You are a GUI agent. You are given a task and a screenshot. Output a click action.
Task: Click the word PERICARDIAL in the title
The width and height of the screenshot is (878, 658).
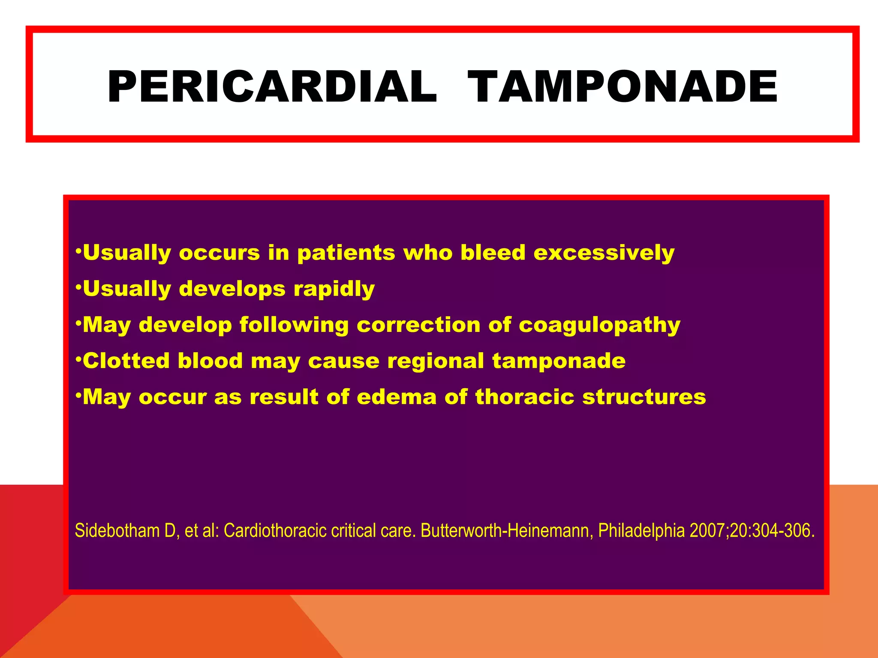(x=272, y=87)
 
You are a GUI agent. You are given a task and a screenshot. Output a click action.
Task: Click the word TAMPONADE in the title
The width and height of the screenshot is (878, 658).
(x=622, y=87)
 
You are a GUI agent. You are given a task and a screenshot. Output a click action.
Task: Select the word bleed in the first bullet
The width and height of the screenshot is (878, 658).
(x=493, y=252)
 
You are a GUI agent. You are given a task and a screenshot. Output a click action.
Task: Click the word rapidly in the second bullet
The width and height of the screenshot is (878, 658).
(x=334, y=289)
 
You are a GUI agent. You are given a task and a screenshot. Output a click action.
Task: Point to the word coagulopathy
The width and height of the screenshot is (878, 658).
(x=599, y=325)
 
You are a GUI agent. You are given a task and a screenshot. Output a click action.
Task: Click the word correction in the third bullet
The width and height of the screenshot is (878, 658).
(x=418, y=324)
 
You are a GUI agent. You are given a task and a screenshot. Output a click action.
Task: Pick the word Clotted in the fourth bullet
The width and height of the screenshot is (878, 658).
(x=126, y=360)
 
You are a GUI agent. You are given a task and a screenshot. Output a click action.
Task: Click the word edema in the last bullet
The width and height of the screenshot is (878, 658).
(x=397, y=397)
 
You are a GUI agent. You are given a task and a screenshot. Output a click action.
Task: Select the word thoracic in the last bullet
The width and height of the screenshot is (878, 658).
(x=524, y=397)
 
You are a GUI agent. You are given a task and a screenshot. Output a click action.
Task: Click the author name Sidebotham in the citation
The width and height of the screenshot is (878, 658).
(x=117, y=530)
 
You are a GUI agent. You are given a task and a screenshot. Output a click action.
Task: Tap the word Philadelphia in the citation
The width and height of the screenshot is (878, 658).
(x=641, y=530)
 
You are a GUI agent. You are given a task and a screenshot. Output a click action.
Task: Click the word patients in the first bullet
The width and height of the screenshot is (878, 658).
(x=346, y=253)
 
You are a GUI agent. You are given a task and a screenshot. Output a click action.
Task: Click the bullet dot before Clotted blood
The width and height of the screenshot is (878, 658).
(x=78, y=359)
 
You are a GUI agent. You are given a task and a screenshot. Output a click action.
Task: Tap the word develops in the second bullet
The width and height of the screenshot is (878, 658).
(x=232, y=289)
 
